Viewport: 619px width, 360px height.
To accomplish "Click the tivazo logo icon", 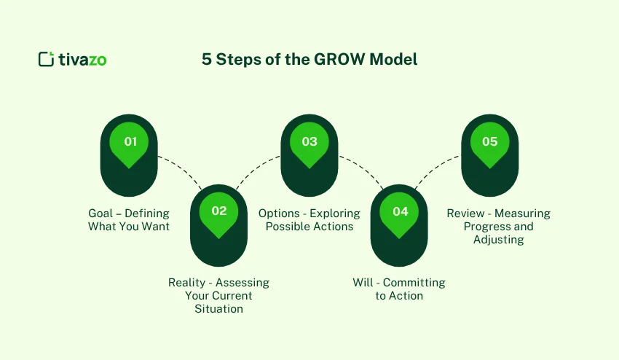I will click(47, 60).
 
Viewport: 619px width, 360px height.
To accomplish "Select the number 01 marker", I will click(130, 141).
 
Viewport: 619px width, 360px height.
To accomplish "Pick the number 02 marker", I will click(219, 211).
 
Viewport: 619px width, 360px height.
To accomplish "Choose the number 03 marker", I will click(309, 141).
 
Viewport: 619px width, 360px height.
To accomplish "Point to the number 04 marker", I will click(400, 211).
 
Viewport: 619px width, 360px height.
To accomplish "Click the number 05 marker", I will click(490, 141).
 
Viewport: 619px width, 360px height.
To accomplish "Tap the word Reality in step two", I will click(187, 283).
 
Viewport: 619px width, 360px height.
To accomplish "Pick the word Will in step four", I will click(363, 283).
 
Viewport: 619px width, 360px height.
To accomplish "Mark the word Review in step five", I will click(466, 214).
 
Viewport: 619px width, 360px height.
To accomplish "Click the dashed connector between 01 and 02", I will click(178, 168).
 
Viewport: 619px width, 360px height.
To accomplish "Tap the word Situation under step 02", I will click(218, 309).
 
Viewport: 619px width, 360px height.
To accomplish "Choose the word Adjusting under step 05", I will click(498, 240).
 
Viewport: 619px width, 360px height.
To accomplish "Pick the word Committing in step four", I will click(414, 283).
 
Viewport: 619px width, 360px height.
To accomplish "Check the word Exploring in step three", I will click(335, 214).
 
